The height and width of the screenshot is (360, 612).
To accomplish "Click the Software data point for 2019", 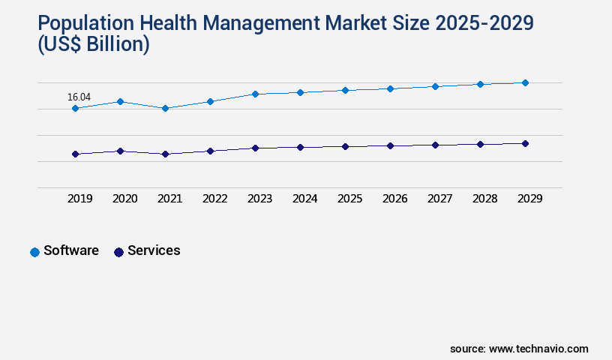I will pyautogui.click(x=75, y=109).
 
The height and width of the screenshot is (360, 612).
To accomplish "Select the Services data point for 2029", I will pyautogui.click(x=525, y=143).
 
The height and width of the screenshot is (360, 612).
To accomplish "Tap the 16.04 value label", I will pyautogui.click(x=79, y=97).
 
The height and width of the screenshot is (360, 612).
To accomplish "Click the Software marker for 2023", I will pyautogui.click(x=255, y=94).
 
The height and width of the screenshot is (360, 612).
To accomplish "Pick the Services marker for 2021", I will pyautogui.click(x=165, y=154).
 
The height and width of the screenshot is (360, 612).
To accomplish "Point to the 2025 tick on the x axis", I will pyautogui.click(x=349, y=199).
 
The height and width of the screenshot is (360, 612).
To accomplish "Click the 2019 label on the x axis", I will pyautogui.click(x=79, y=199).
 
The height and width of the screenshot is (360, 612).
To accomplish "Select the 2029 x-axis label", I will pyautogui.click(x=529, y=199).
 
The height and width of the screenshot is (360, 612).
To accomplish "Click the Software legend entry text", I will pyautogui.click(x=71, y=250).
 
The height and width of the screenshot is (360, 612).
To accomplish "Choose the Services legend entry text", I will pyautogui.click(x=154, y=250).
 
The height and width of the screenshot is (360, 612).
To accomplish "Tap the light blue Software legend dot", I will pyautogui.click(x=34, y=252).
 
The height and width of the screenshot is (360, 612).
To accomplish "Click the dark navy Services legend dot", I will pyautogui.click(x=118, y=252).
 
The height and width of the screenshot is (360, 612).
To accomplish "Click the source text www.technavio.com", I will pyautogui.click(x=538, y=349).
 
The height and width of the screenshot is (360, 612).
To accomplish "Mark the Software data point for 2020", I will pyautogui.click(x=120, y=101).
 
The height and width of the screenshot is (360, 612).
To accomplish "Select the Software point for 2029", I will pyautogui.click(x=525, y=82).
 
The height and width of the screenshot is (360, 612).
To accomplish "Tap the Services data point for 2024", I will pyautogui.click(x=300, y=147).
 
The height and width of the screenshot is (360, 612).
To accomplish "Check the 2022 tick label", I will pyautogui.click(x=214, y=199).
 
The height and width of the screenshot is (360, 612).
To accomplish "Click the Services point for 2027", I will pyautogui.click(x=435, y=145).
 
